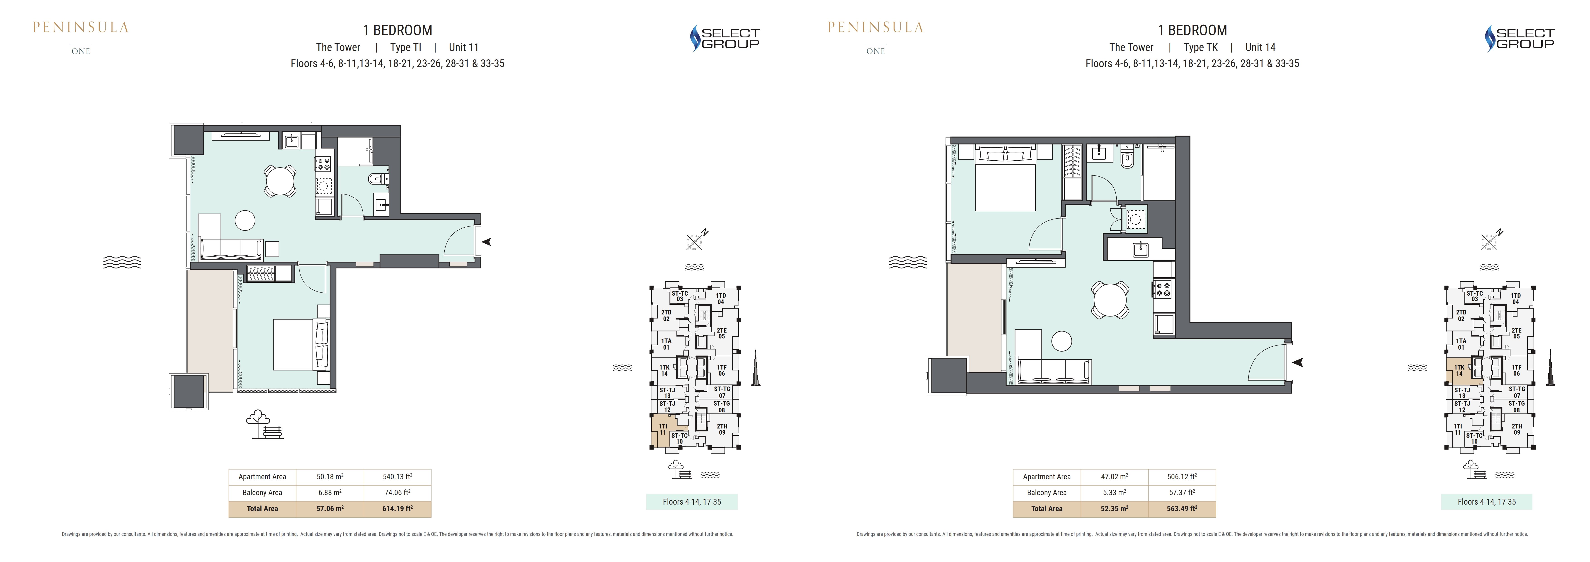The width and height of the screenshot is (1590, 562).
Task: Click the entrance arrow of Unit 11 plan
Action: [486, 241]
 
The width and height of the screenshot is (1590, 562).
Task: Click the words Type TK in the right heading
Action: [1200, 48]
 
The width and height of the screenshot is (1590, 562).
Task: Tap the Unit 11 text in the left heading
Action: [463, 48]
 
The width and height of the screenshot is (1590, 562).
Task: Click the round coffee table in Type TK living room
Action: [1062, 341]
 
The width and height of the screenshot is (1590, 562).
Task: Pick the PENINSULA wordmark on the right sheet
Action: [875, 27]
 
